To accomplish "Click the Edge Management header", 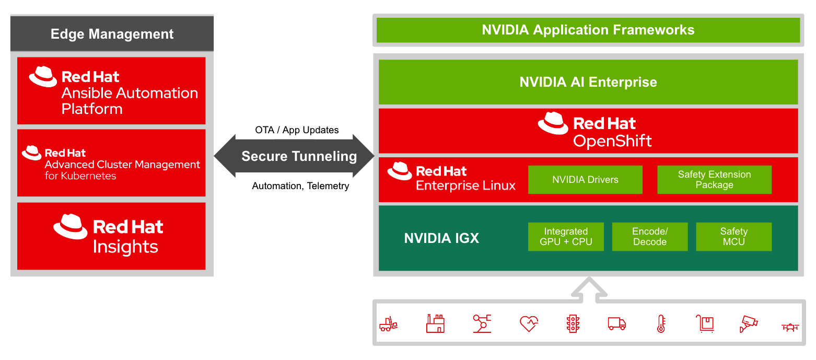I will pyautogui.click(x=112, y=34).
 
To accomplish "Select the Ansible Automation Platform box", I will pyautogui.click(x=111, y=91).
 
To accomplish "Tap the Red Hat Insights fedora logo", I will pyautogui.click(x=70, y=226).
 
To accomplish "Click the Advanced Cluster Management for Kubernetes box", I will pyautogui.click(x=111, y=163).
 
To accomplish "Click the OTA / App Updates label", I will pyautogui.click(x=297, y=130).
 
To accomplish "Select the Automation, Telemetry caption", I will pyautogui.click(x=300, y=186).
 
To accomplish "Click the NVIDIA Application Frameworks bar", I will pyautogui.click(x=588, y=30).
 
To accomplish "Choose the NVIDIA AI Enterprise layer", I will pyautogui.click(x=588, y=82).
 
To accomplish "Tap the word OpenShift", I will pyautogui.click(x=612, y=141).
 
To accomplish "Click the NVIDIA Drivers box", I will pyautogui.click(x=585, y=180).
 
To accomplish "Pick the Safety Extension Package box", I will pyautogui.click(x=714, y=180).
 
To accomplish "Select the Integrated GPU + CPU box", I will pyautogui.click(x=566, y=237).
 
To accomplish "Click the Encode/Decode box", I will pyautogui.click(x=649, y=237).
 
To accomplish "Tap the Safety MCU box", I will pyautogui.click(x=733, y=237).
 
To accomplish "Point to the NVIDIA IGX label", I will pyautogui.click(x=441, y=239).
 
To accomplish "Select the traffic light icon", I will pyautogui.click(x=573, y=324).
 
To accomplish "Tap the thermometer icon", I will pyautogui.click(x=661, y=324).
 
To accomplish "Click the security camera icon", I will pyautogui.click(x=748, y=324).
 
